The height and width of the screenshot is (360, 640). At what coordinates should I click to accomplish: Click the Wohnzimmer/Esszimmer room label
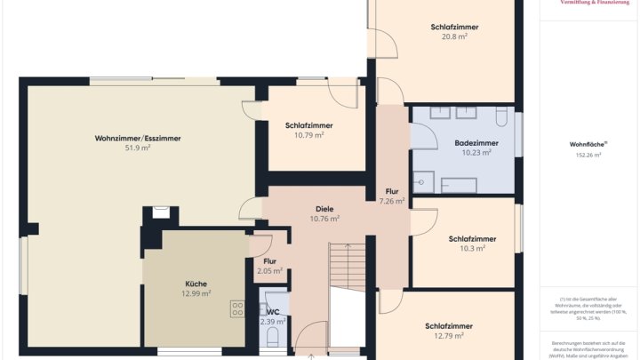(x=138, y=138)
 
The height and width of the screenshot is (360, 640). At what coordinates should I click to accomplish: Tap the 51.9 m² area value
(x=138, y=148)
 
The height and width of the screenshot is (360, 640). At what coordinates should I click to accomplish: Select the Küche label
(x=196, y=283)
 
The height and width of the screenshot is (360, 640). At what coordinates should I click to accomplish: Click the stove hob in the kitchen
(x=238, y=309)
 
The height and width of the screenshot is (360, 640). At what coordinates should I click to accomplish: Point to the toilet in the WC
(x=274, y=335)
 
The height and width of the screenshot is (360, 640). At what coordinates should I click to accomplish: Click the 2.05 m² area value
(x=269, y=271)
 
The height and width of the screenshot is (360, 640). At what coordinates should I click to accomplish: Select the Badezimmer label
(x=476, y=142)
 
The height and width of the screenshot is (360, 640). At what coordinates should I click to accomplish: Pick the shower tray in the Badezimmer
(x=424, y=181)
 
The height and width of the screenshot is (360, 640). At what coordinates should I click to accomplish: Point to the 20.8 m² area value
(x=454, y=37)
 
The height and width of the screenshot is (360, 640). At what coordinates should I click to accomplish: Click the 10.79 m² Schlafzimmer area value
(x=309, y=135)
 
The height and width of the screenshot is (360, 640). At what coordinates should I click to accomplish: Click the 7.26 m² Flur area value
(x=392, y=201)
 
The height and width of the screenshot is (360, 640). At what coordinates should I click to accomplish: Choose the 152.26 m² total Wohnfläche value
(x=588, y=155)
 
